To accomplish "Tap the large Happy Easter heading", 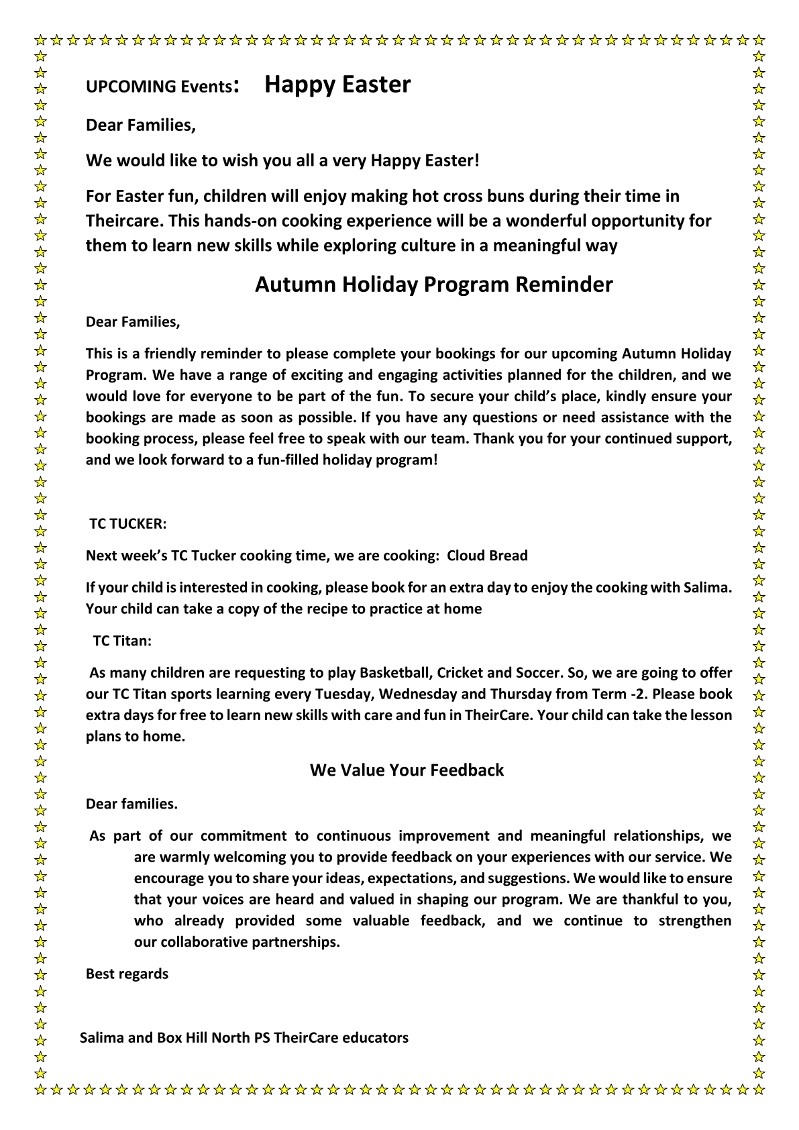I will point(337,85).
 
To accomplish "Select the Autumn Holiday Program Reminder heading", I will point(433,285).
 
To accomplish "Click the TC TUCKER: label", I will point(127,523).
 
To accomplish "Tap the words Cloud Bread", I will point(487,556).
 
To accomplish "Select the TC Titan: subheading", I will point(122,641).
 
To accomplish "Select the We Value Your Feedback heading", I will point(407,770).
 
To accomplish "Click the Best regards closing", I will point(127,974).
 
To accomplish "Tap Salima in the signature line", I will point(102,1038).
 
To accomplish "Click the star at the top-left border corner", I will point(41,40).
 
